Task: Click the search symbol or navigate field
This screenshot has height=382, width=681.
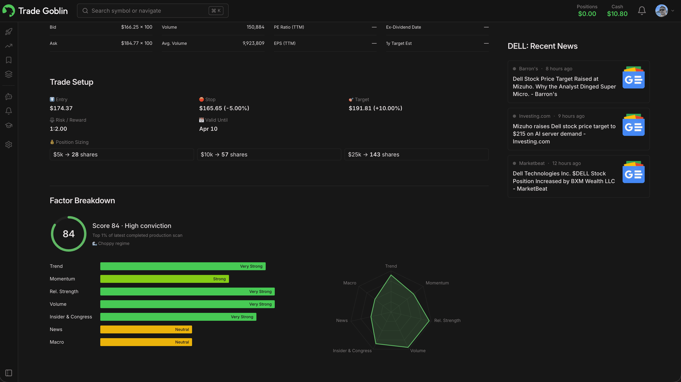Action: [x=148, y=11]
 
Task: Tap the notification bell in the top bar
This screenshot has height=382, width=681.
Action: [x=642, y=11]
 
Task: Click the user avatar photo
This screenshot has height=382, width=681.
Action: [x=661, y=11]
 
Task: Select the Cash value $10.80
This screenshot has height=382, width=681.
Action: [x=617, y=14]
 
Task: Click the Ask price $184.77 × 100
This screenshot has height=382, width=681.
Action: [x=136, y=43]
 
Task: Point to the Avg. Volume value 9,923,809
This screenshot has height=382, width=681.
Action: [x=253, y=43]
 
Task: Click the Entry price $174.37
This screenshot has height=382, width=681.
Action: [x=61, y=108]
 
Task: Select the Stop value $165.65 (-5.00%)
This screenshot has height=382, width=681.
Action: [x=224, y=108]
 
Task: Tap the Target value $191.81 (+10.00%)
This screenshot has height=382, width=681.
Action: [x=375, y=108]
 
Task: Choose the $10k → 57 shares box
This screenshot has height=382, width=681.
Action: [x=269, y=154]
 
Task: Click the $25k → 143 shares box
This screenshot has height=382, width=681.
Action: [x=416, y=154]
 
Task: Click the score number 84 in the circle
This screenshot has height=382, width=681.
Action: [x=68, y=234]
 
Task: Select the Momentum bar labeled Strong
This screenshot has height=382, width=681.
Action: [x=164, y=279]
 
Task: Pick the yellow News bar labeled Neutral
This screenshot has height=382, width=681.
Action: [x=146, y=329]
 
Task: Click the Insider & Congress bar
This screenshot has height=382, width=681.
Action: [x=178, y=317]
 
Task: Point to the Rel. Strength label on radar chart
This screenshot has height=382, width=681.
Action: [x=447, y=320]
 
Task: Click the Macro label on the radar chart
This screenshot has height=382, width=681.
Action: [x=350, y=283]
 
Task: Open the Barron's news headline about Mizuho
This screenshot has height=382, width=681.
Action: [x=564, y=87]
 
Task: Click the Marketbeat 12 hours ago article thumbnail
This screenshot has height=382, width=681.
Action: [x=633, y=172]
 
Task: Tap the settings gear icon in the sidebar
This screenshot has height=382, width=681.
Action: [x=9, y=144]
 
